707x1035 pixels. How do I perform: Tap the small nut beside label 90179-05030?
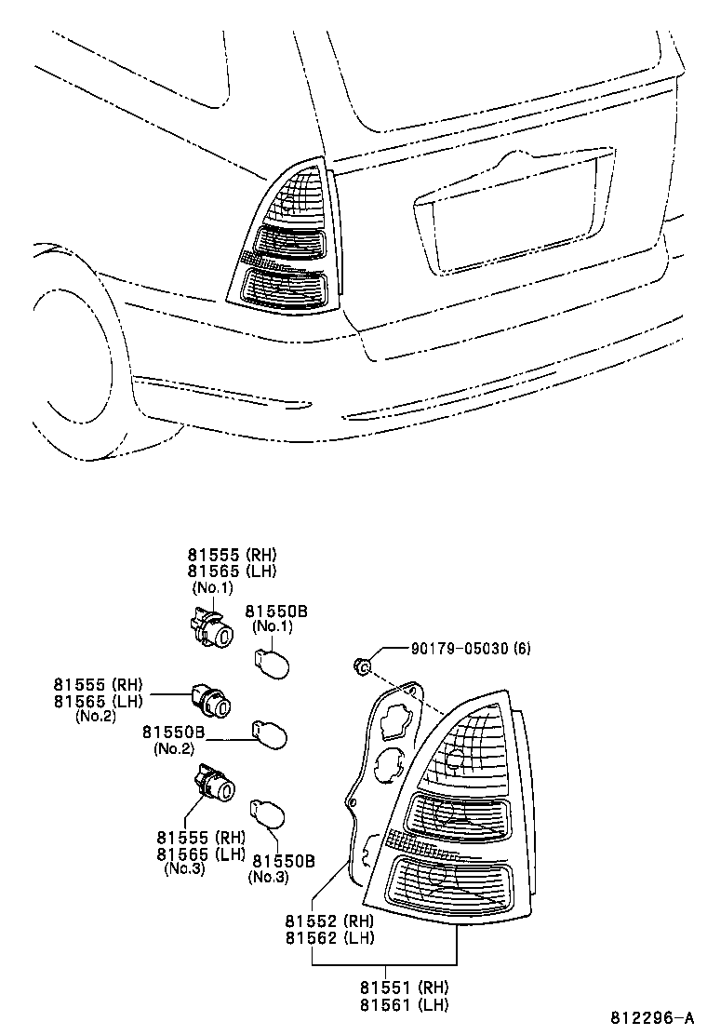pos(364,665)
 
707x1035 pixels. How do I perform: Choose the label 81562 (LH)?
pos(330,937)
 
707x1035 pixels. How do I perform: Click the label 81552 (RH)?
pos(330,921)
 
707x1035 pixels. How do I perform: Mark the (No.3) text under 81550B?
pos(269,877)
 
